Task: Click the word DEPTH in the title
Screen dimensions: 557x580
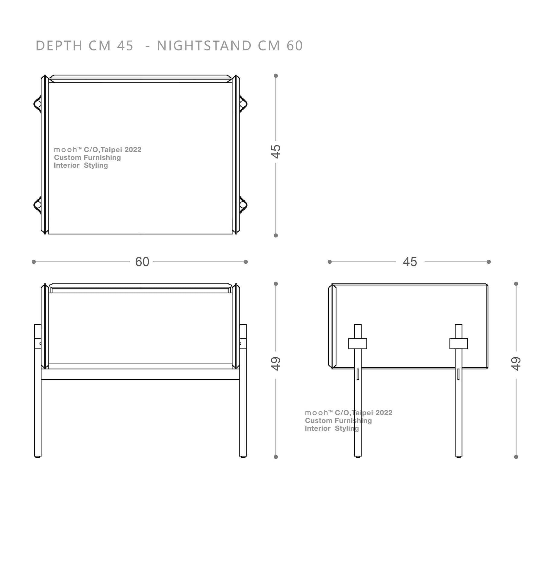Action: pyautogui.click(x=59, y=46)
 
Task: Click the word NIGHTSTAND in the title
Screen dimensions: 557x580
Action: pyautogui.click(x=204, y=46)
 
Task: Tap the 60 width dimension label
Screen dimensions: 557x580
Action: pyautogui.click(x=142, y=262)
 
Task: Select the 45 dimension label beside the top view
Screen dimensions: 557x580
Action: pyautogui.click(x=276, y=151)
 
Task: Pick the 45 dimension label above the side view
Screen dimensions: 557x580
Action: pyautogui.click(x=410, y=262)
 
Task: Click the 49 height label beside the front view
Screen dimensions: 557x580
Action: pyautogui.click(x=276, y=364)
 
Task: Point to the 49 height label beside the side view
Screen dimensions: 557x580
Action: pyautogui.click(x=516, y=364)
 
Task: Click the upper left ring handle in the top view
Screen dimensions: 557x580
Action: pyautogui.click(x=37, y=104)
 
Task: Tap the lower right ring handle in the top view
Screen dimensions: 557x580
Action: pyautogui.click(x=243, y=205)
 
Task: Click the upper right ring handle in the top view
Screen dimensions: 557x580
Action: pyautogui.click(x=243, y=104)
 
